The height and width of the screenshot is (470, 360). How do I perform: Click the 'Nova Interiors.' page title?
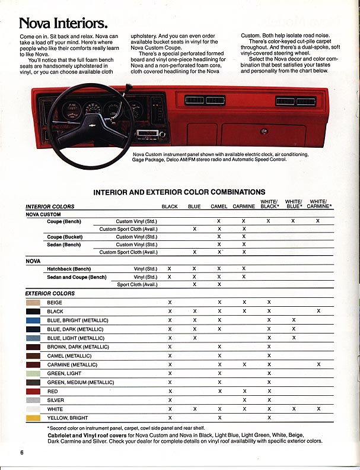tap(63, 24)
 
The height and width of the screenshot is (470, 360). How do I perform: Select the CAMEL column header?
tap(219, 207)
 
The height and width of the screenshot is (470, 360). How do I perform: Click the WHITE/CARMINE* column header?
tap(321, 204)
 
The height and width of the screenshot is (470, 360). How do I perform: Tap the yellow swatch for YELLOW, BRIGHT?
tap(33, 418)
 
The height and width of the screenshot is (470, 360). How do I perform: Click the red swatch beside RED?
tap(33, 391)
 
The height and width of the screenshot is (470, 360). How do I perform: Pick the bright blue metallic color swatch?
tap(33, 320)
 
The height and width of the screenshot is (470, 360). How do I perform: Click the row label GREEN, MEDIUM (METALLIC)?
tap(81, 382)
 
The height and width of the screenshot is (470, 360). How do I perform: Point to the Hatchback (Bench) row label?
tap(69, 268)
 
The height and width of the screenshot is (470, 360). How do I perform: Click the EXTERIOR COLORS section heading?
tap(50, 293)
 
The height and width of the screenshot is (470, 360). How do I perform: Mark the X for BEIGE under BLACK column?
tap(170, 302)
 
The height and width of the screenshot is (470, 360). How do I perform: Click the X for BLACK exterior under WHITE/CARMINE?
tap(318, 311)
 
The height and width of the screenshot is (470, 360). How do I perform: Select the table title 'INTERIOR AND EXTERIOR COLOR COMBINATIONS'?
tap(179, 192)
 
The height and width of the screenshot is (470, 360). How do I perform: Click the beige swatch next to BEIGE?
tap(33, 302)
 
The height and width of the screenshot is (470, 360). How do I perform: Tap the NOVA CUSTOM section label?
tap(43, 214)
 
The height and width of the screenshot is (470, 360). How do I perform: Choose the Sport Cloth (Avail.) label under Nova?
tap(137, 284)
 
